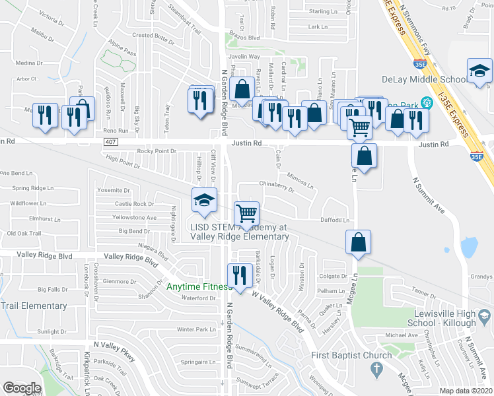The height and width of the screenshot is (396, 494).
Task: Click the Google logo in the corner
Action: (x=22, y=388)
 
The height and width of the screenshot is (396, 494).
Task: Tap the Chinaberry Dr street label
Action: (x=277, y=186)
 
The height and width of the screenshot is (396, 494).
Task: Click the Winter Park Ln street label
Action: (x=197, y=329)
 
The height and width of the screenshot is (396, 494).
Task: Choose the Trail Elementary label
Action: (x=34, y=306)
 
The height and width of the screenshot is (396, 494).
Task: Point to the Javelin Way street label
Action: (x=244, y=57)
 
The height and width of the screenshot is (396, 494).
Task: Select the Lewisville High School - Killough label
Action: (x=451, y=318)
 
